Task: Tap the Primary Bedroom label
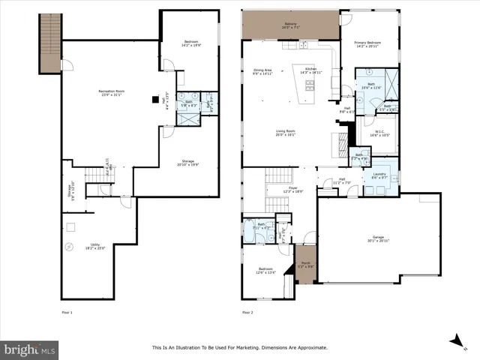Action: [x=370, y=44]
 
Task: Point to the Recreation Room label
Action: [x=111, y=92]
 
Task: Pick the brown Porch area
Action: [x=305, y=264]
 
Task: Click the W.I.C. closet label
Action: [x=379, y=133]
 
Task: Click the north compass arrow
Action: [x=454, y=340]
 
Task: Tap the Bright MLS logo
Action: [x=29, y=349]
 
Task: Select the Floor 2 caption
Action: [x=248, y=311]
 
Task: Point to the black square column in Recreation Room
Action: [x=155, y=98]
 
